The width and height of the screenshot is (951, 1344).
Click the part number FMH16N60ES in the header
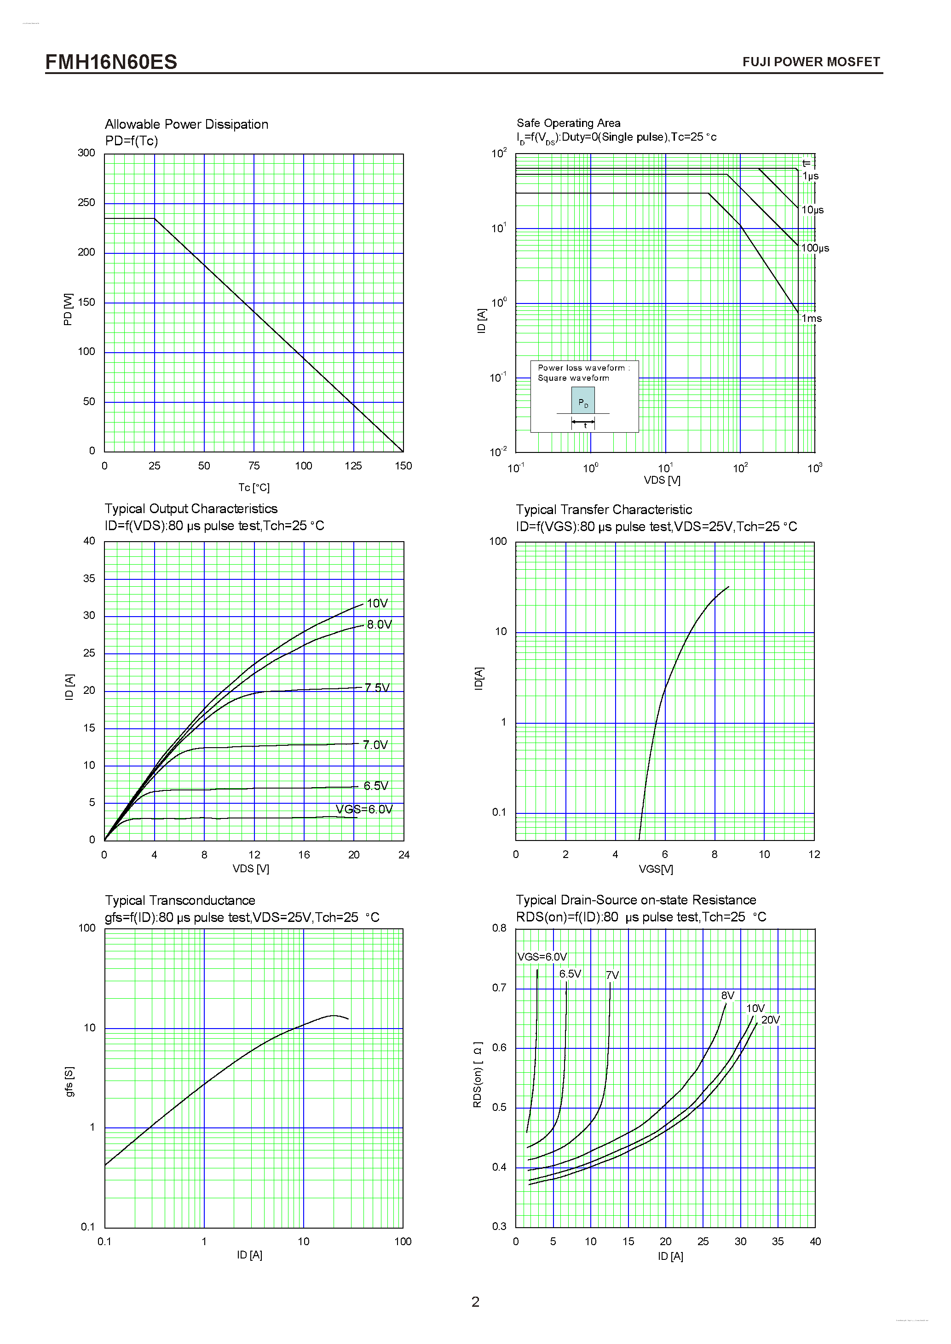coord(111,62)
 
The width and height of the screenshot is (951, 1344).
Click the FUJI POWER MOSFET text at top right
coord(811,62)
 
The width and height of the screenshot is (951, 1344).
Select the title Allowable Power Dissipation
coord(186,124)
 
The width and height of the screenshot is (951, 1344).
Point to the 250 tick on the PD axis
coord(86,202)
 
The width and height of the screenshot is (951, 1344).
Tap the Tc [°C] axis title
coord(254,487)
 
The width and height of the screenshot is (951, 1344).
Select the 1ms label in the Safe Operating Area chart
coord(811,319)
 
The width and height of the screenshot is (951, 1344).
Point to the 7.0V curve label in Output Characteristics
coord(375,744)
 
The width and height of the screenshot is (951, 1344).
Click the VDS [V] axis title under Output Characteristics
coord(251,869)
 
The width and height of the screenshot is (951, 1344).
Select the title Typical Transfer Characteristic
coord(603,509)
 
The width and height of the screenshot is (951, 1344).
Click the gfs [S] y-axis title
coord(69,1081)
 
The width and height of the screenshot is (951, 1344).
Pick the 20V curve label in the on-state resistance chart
coord(770,1020)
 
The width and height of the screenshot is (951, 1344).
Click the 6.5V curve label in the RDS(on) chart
coord(569,974)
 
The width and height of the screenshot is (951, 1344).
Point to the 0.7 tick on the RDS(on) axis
coord(499,988)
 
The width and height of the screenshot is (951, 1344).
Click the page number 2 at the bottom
coord(475,1302)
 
